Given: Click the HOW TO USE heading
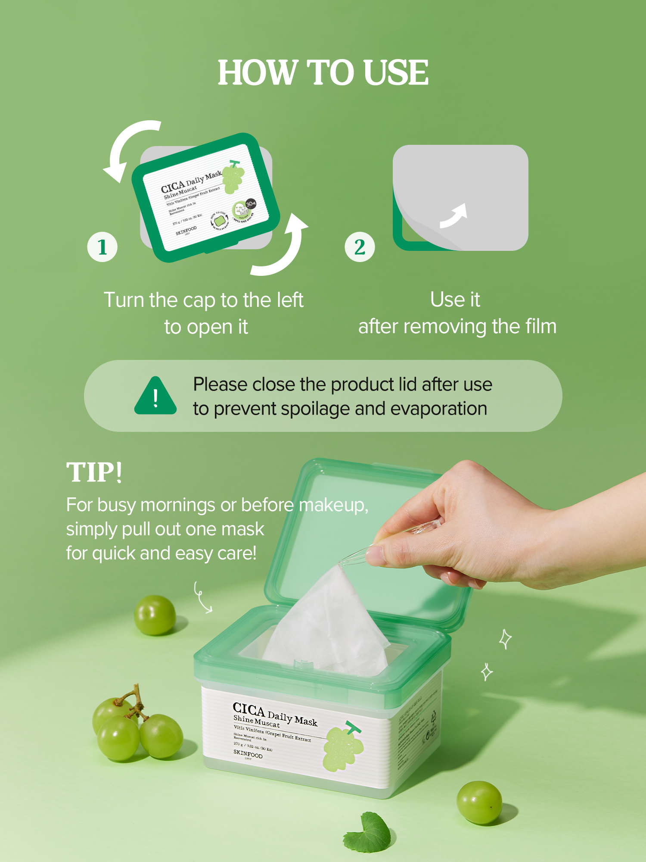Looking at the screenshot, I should (323, 72).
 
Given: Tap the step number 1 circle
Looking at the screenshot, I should (102, 247).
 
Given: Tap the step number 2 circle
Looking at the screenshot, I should (360, 247).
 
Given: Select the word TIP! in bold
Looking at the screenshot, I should (94, 472).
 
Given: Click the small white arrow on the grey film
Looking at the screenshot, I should (454, 215).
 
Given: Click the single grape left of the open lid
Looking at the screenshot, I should (155, 615).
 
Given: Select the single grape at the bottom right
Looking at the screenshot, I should (479, 802).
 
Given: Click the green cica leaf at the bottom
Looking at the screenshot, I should (368, 832).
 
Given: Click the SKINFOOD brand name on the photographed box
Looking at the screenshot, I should (248, 754).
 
